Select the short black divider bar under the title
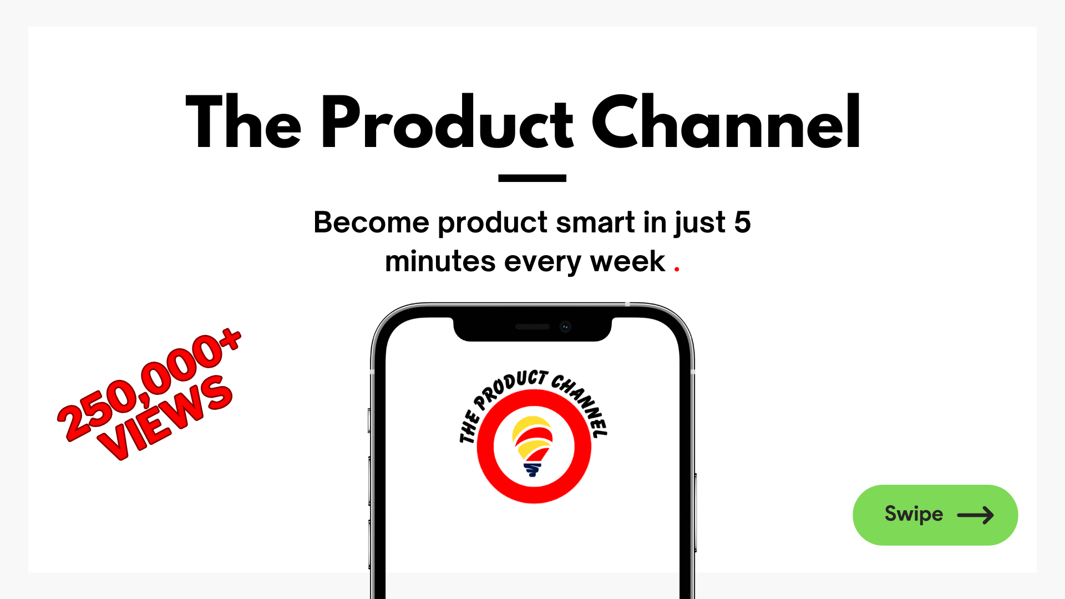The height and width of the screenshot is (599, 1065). [532, 178]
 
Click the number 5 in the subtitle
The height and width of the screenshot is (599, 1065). [742, 222]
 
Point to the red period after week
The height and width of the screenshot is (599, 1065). [677, 270]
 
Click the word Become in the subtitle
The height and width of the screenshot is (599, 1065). [371, 222]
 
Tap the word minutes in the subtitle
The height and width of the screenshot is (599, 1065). [440, 261]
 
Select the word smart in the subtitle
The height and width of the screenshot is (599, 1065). [595, 222]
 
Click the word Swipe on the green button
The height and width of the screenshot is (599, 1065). [914, 514]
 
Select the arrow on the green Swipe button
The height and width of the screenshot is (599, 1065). [976, 515]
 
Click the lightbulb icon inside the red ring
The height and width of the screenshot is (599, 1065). [533, 444]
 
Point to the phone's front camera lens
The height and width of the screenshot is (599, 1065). [565, 327]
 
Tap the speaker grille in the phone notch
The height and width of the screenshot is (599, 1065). [532, 327]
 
